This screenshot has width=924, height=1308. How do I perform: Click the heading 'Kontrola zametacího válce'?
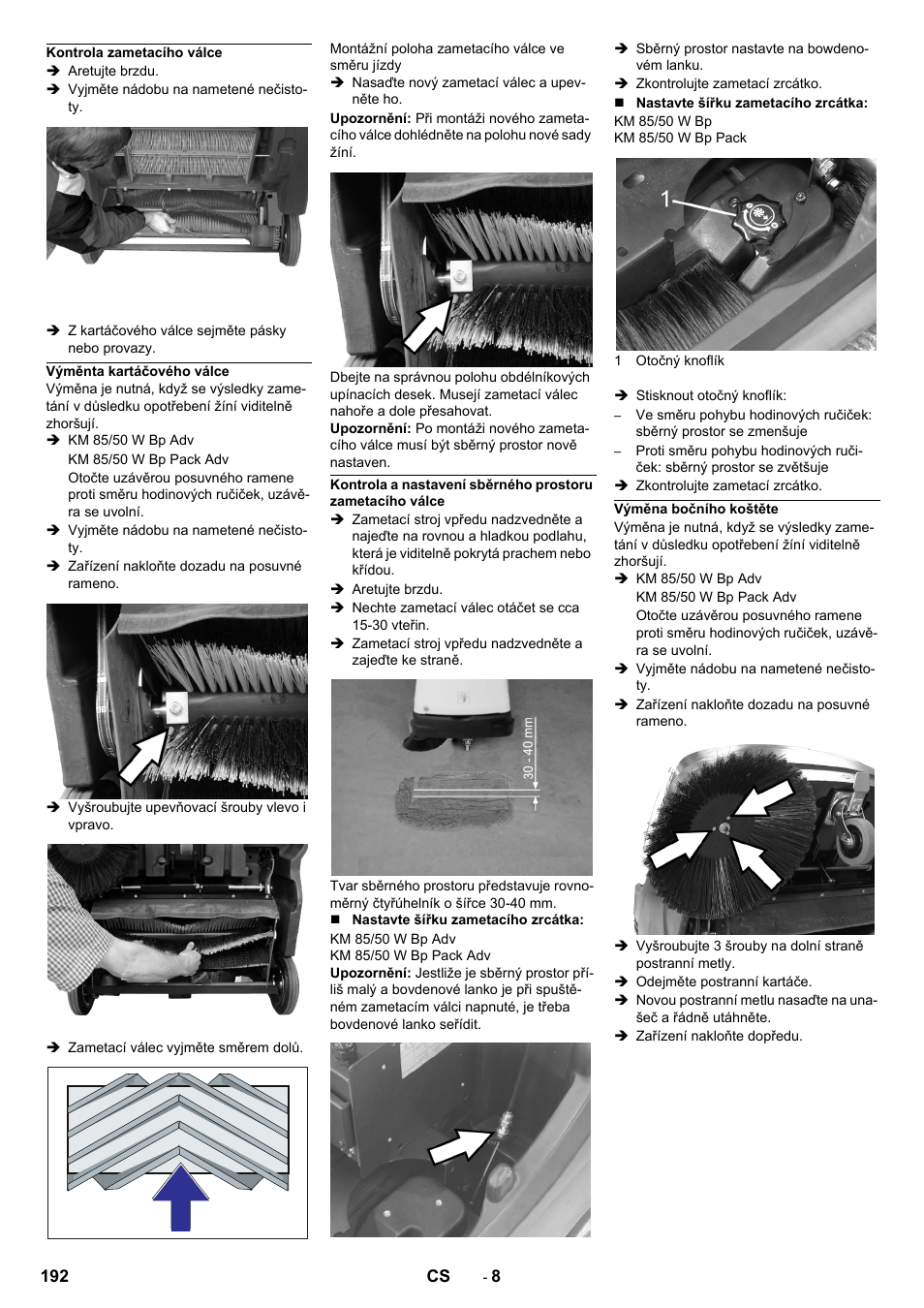(x=135, y=52)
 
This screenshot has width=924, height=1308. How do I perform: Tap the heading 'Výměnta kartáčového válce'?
(x=138, y=371)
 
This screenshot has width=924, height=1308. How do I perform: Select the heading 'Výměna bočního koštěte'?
(x=695, y=509)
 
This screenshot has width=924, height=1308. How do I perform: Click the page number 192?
(x=55, y=1276)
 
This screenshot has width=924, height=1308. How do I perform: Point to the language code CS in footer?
(x=438, y=1276)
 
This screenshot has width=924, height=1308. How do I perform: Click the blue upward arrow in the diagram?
(x=180, y=1199)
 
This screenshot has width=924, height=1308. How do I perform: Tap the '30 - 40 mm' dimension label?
(x=529, y=747)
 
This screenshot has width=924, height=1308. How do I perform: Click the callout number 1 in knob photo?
(x=665, y=200)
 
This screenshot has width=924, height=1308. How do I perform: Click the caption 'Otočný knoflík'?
(x=679, y=360)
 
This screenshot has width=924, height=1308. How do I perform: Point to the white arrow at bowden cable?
(x=461, y=1146)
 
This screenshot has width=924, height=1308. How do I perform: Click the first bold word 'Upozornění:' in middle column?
(x=370, y=118)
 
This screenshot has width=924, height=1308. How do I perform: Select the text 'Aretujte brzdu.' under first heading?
(x=112, y=71)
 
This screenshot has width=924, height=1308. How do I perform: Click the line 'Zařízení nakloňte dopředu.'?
(x=719, y=1036)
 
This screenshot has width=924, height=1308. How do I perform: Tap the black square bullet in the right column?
(x=621, y=103)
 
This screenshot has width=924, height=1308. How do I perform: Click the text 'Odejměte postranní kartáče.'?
(x=724, y=981)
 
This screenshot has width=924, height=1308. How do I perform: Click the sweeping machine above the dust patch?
(x=461, y=712)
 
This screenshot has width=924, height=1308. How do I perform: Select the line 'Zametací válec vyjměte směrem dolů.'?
(x=185, y=1047)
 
